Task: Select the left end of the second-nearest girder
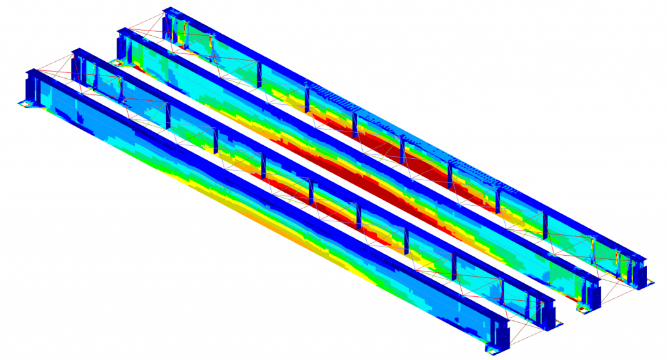point(79,65)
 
